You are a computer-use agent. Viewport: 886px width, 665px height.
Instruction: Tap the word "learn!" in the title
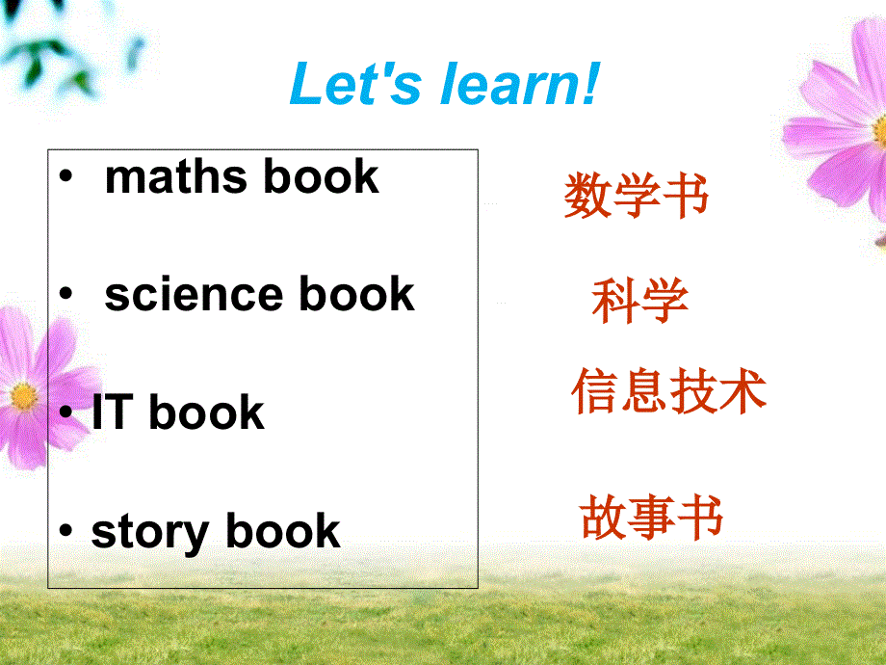[x=520, y=84]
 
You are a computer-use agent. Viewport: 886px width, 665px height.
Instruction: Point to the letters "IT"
[x=112, y=413]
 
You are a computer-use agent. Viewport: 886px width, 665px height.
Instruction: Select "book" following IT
[x=206, y=413]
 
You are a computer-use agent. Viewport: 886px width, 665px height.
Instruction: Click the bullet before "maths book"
[x=65, y=178]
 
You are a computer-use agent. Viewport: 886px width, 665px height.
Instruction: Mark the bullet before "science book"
[x=65, y=296]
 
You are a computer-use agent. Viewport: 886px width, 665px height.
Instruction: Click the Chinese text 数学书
[x=636, y=197]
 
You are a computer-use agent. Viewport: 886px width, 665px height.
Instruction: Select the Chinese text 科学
[x=639, y=301]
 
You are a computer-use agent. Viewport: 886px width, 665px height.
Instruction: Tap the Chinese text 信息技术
[x=668, y=392]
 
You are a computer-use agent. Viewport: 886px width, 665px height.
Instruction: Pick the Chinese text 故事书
[x=651, y=518]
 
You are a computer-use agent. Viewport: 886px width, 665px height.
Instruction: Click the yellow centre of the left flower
[x=23, y=396]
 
